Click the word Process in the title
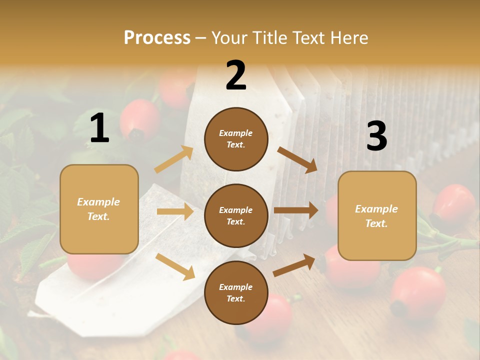157,38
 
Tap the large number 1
99,128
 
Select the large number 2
236,76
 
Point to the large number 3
376,136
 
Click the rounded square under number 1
99,209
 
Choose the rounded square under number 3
377,215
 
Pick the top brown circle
236,139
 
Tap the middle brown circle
236,215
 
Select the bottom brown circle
236,292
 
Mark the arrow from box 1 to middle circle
174,211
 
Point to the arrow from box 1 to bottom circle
174,266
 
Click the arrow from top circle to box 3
297,159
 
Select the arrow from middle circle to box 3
295,210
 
